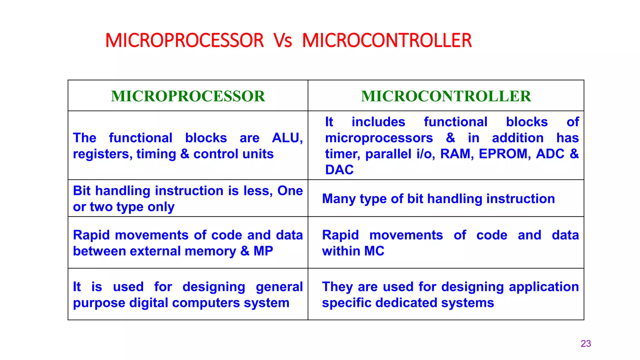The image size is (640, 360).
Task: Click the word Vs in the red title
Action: (x=282, y=41)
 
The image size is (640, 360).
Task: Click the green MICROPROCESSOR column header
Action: (x=188, y=96)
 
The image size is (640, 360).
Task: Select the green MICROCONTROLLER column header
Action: (x=446, y=96)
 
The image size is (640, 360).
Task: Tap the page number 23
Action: (x=586, y=344)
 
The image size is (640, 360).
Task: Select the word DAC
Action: (x=339, y=170)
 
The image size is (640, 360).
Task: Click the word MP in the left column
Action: (x=263, y=251)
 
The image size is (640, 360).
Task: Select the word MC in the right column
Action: (x=374, y=251)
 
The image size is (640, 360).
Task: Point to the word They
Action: (x=337, y=287)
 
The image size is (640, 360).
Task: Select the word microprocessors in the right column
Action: (x=379, y=138)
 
